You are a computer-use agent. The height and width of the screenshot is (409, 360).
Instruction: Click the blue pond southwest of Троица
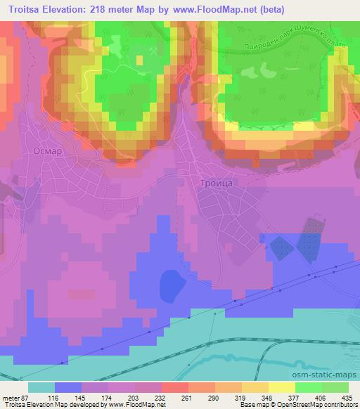(x=172, y=285)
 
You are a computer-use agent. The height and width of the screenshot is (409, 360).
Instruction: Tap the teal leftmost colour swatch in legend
(x=41, y=387)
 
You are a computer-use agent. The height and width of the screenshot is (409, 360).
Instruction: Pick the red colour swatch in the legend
(x=173, y=387)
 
